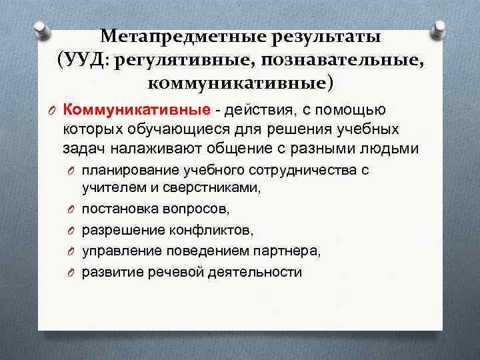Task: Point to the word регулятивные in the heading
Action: tap(185, 61)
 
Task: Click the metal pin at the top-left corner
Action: tap(41, 28)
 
